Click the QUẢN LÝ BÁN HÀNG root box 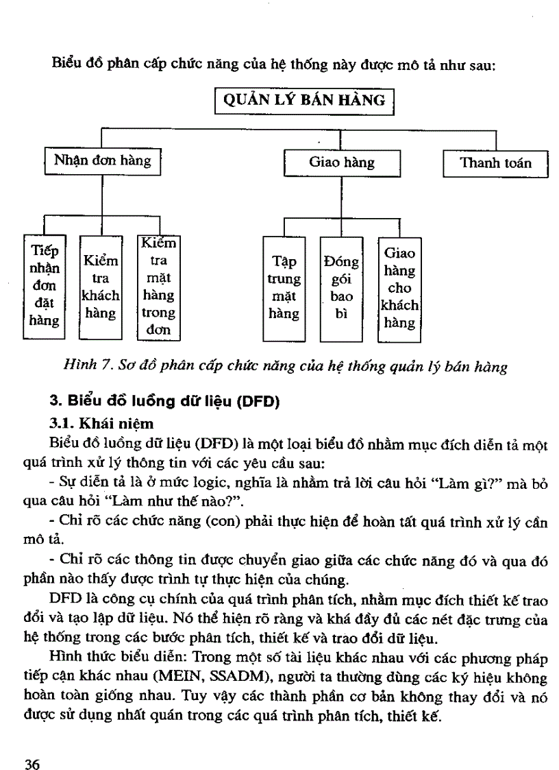coord(305,100)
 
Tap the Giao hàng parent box coord(342,164)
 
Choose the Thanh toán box coord(495,164)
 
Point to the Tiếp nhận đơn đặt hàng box coord(44,286)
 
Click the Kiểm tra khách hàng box coord(101,287)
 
